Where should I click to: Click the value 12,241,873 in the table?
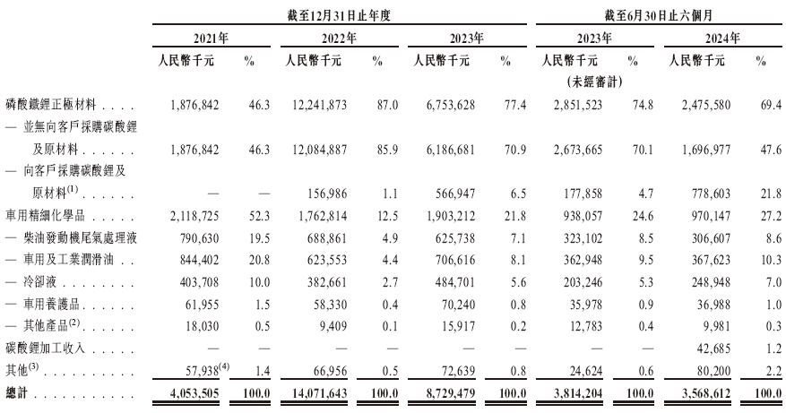click(319, 105)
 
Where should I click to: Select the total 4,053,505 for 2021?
click(194, 393)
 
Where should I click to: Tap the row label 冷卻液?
click(39, 282)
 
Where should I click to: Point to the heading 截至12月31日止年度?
click(339, 15)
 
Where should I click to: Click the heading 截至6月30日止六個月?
click(658, 15)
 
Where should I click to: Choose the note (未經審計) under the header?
click(594, 82)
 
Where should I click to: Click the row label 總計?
click(16, 392)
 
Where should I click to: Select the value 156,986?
click(327, 194)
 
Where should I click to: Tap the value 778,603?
click(711, 194)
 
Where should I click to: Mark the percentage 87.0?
click(387, 105)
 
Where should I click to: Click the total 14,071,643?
click(319, 393)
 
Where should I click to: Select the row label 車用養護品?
click(51, 305)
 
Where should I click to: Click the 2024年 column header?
click(722, 39)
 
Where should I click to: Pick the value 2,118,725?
click(194, 216)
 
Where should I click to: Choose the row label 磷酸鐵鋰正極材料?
click(50, 105)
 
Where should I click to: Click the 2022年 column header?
click(339, 39)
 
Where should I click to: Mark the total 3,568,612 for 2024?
click(706, 393)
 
